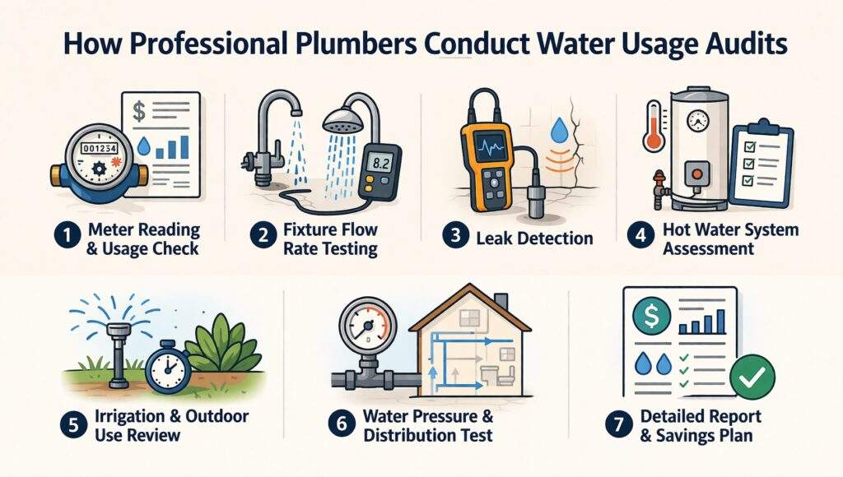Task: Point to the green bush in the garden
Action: pyautogui.click(x=223, y=354)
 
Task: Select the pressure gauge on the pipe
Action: pyautogui.click(x=365, y=328)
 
